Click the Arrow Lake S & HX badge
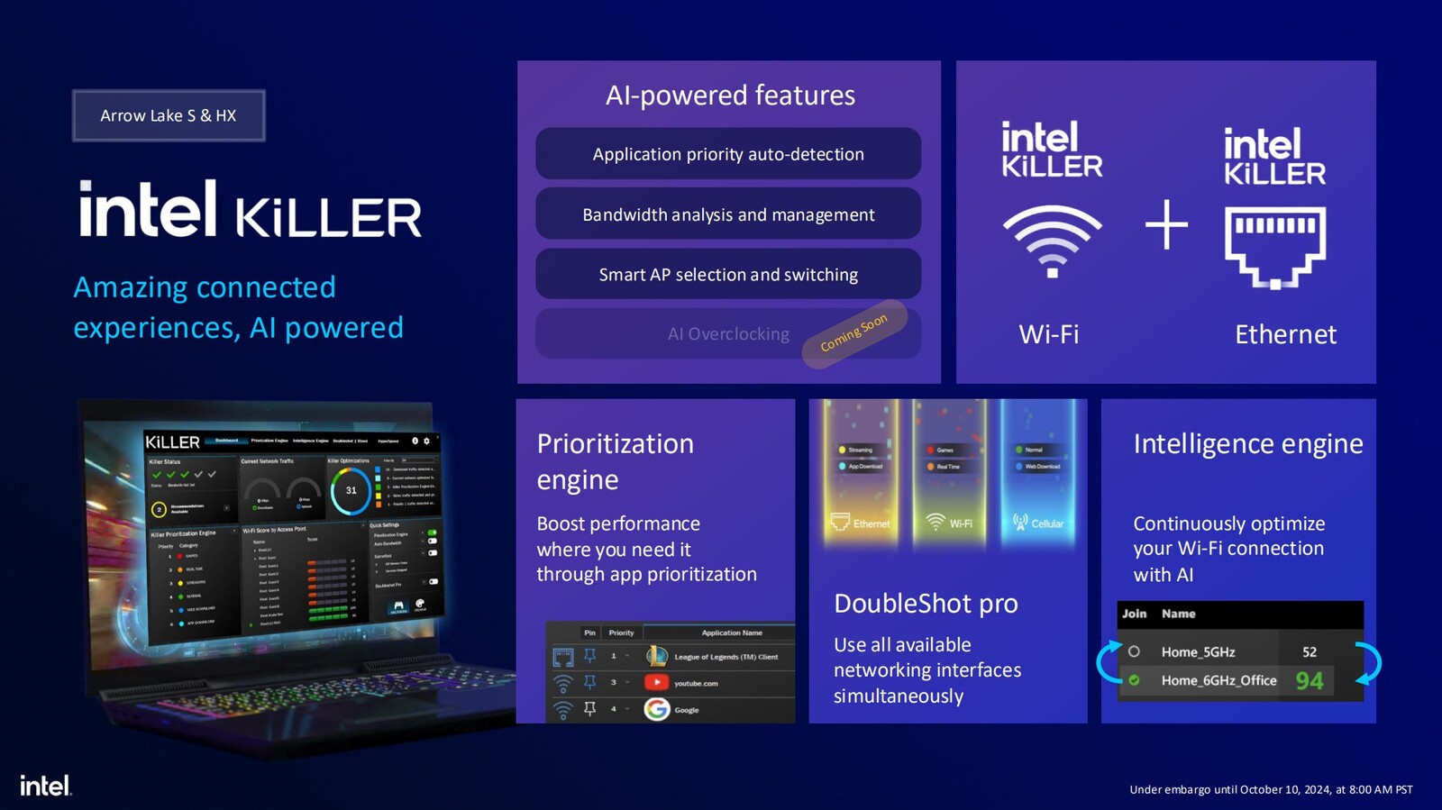[169, 115]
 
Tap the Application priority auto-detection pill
[728, 154]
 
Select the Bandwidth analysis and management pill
[728, 214]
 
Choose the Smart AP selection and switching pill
[728, 274]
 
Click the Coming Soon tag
[853, 333]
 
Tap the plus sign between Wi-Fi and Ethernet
[1166, 224]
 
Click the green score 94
[1310, 680]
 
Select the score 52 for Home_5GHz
[1310, 651]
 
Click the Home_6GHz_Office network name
[1218, 680]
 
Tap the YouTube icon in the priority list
[657, 683]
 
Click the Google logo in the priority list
[657, 710]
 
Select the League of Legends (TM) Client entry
[726, 657]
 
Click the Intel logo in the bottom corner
[45, 786]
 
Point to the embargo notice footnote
[1271, 789]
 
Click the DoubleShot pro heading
[926, 603]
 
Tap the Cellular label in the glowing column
[1046, 523]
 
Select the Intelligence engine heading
[1247, 443]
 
